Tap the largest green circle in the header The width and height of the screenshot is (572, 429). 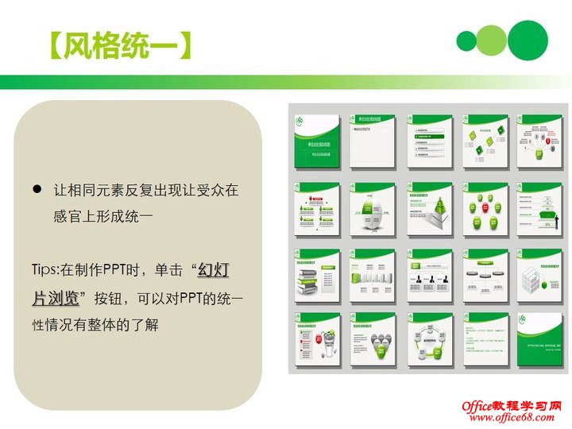[528, 40]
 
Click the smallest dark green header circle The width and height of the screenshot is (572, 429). [466, 41]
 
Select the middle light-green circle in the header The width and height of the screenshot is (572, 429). [492, 40]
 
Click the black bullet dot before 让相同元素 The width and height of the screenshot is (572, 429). [37, 190]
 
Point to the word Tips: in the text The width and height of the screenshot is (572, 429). [51, 271]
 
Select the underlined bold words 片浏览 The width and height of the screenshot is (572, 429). [55, 298]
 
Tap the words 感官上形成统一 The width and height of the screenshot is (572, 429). [102, 217]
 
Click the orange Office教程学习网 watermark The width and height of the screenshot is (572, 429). [512, 406]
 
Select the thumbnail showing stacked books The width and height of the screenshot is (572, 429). [317, 275]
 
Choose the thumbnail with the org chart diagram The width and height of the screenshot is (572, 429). [429, 275]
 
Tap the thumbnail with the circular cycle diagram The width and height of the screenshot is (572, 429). [429, 340]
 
